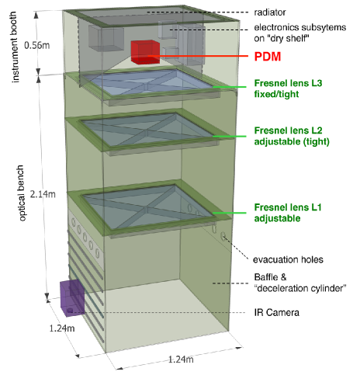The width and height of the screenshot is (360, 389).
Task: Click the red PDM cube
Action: coord(145,52)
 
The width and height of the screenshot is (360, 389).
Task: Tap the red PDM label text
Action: coord(268,57)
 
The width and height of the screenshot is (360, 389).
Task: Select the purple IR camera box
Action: coord(72,297)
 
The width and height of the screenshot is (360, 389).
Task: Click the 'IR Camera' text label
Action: coord(276,312)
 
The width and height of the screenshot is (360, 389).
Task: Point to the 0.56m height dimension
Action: coord(37,45)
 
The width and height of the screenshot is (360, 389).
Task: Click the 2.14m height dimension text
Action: coord(43,194)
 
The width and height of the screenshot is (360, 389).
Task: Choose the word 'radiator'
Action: coord(270,12)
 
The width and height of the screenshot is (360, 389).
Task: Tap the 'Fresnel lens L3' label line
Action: coord(288,83)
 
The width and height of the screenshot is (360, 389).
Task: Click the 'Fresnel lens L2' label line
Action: coord(288,130)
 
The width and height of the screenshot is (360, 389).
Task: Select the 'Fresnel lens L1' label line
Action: coord(288,207)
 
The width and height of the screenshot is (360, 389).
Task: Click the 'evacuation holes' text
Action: coord(288,259)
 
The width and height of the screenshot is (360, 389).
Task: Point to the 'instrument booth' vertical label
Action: coord(15,47)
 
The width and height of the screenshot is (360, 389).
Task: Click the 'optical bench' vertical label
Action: coord(21,193)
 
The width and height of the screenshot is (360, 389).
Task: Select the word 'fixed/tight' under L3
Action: coord(276,94)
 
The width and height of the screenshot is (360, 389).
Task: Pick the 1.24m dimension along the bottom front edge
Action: coord(181,359)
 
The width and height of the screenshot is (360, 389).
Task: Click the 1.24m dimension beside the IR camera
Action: coord(62,328)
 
